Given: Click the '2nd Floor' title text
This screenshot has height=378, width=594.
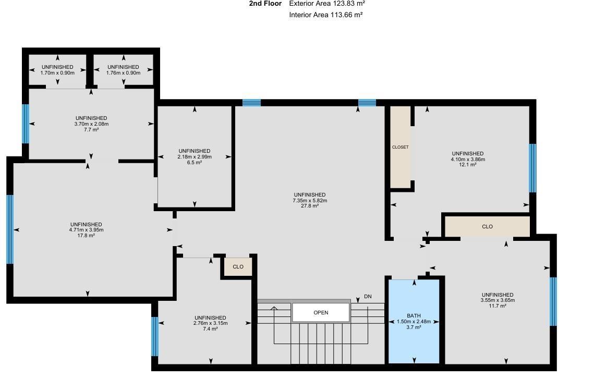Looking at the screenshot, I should click(265, 4).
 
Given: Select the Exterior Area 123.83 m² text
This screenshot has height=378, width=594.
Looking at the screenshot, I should click(327, 4).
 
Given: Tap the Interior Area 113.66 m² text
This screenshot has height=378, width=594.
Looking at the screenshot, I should click(326, 15).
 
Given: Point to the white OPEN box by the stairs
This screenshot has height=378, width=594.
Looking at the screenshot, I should click(321, 313).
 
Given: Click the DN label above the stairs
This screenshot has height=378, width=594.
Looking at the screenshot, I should click(368, 297).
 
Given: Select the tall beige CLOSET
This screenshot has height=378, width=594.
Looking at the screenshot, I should click(400, 147).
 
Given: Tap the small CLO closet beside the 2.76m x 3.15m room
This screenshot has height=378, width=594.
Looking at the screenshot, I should click(238, 267).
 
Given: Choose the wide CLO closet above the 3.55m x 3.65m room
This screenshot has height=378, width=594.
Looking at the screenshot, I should click(487, 227).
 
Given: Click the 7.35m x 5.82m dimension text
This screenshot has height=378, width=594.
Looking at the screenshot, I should click(310, 201).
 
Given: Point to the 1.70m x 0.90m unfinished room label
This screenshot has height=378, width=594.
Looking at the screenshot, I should click(57, 73).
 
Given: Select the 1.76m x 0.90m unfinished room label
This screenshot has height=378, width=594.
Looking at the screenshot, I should click(123, 73).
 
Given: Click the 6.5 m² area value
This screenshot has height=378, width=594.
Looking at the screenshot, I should click(195, 163).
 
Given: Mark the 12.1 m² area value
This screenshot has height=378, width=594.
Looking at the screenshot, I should click(468, 165).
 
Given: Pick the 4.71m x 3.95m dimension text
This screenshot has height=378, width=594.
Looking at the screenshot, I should click(86, 230).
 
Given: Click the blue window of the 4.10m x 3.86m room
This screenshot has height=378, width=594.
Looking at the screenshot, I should click(532, 168).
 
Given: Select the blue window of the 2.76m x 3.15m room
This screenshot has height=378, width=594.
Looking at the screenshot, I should click(154, 336).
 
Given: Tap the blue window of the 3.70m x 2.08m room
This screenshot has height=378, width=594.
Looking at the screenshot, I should click(25, 124).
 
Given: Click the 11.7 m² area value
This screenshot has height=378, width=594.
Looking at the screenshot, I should click(497, 306).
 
